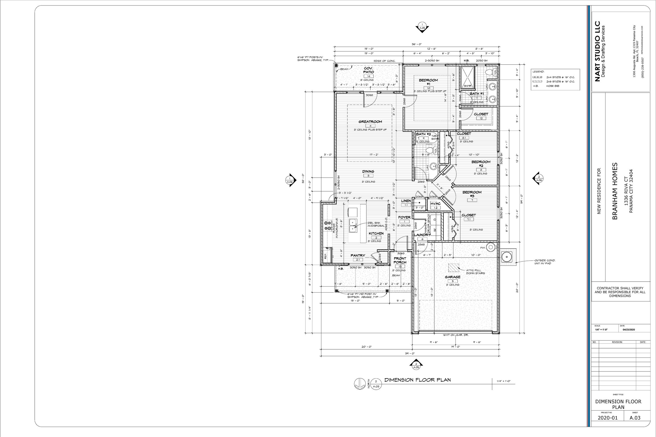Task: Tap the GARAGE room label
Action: [452, 277]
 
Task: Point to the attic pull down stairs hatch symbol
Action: [453, 268]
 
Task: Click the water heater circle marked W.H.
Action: [491, 247]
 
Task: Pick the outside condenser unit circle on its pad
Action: [506, 256]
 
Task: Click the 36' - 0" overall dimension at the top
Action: [416, 44]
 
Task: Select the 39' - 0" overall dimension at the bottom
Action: [410, 353]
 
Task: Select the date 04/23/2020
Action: [629, 330]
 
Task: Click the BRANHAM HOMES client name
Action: [615, 191]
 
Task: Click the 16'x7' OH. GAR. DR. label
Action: [456, 335]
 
